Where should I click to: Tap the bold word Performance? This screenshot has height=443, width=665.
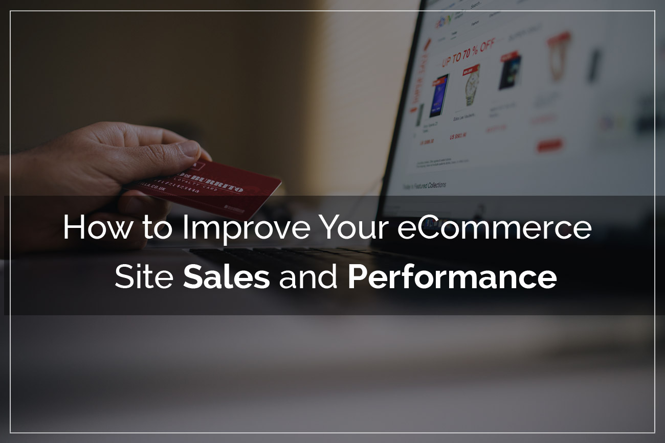tap(452, 278)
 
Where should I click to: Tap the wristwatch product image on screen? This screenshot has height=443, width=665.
tap(471, 84)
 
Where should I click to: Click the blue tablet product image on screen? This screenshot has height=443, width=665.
tap(439, 95)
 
